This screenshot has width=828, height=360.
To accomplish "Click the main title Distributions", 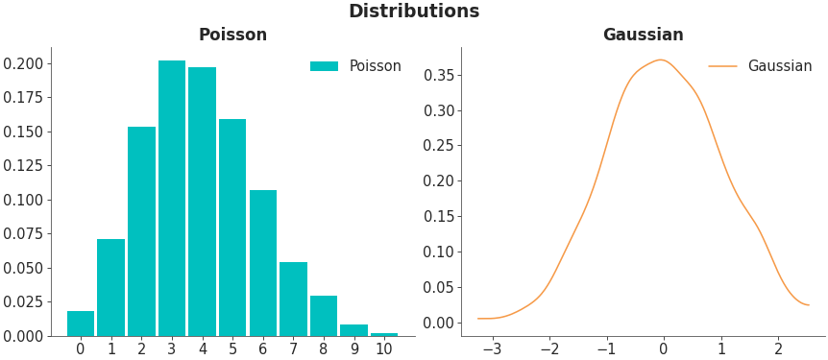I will click(413, 12).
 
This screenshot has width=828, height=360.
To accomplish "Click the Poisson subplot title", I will click(232, 36).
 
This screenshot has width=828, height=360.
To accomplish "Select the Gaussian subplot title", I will click(643, 36).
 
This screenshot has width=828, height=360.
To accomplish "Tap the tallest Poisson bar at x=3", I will click(172, 198).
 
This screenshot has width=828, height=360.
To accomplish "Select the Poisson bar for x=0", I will click(81, 324).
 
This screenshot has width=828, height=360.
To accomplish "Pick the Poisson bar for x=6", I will click(263, 263).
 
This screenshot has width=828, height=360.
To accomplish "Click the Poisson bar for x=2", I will click(141, 231).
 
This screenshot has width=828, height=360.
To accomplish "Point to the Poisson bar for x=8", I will click(324, 316).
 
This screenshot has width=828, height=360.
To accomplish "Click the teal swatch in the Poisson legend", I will click(324, 66).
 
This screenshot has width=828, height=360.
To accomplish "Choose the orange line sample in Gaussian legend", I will click(722, 66).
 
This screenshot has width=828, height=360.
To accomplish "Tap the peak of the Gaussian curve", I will click(661, 60).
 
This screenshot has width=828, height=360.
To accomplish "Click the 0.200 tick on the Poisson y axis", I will click(23, 63).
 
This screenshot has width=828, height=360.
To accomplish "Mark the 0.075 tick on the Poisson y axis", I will click(23, 233).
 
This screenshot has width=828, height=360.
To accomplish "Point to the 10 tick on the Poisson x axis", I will click(384, 348).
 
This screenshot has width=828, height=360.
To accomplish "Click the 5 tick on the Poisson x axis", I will click(232, 348).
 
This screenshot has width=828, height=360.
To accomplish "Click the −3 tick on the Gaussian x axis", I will click(492, 348).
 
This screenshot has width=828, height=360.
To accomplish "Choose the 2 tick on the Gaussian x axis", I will click(778, 348).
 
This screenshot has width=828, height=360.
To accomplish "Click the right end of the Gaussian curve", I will click(809, 305).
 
